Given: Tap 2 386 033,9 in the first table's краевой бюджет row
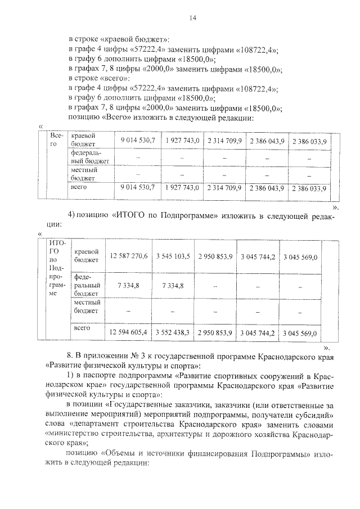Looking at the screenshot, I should pos(309,140).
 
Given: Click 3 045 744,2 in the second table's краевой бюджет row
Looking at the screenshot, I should pos(258,256).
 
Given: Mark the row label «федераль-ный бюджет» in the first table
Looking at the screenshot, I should pos(89,157).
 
